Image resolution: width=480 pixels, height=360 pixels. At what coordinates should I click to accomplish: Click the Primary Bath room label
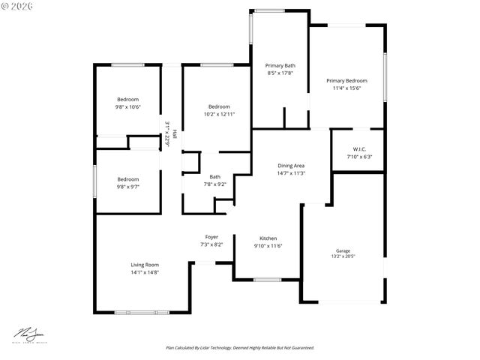pos(280,65)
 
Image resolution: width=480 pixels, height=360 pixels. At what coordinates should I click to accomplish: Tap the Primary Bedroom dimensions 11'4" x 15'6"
pos(346,88)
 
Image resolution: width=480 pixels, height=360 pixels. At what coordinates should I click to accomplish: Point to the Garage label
pos(343,250)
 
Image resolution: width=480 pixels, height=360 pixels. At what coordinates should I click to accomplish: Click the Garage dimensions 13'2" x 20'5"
pos(343,256)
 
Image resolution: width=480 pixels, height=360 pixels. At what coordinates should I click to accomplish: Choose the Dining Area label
pos(291,166)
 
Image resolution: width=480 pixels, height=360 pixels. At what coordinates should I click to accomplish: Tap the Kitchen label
pos(267,238)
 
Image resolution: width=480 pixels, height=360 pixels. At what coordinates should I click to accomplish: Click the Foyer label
pos(211,237)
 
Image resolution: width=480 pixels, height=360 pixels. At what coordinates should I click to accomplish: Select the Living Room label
pos(145,264)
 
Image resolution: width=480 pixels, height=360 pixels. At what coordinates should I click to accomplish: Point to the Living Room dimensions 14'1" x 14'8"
pos(145,271)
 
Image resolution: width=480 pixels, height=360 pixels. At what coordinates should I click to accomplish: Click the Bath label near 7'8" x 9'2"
pos(214,177)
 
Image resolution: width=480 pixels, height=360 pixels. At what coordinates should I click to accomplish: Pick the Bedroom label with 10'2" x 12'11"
pos(219,106)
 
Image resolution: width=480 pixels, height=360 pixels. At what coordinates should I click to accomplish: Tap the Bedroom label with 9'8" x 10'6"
pos(127,100)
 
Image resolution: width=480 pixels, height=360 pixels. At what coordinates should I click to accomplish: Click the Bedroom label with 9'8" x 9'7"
pos(127,179)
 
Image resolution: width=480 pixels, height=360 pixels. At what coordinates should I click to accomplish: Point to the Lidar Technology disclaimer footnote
pos(239,348)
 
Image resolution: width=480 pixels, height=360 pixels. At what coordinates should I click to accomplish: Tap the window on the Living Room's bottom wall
pos(142,311)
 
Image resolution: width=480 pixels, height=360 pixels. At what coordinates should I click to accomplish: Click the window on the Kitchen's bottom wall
pos(268,280)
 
